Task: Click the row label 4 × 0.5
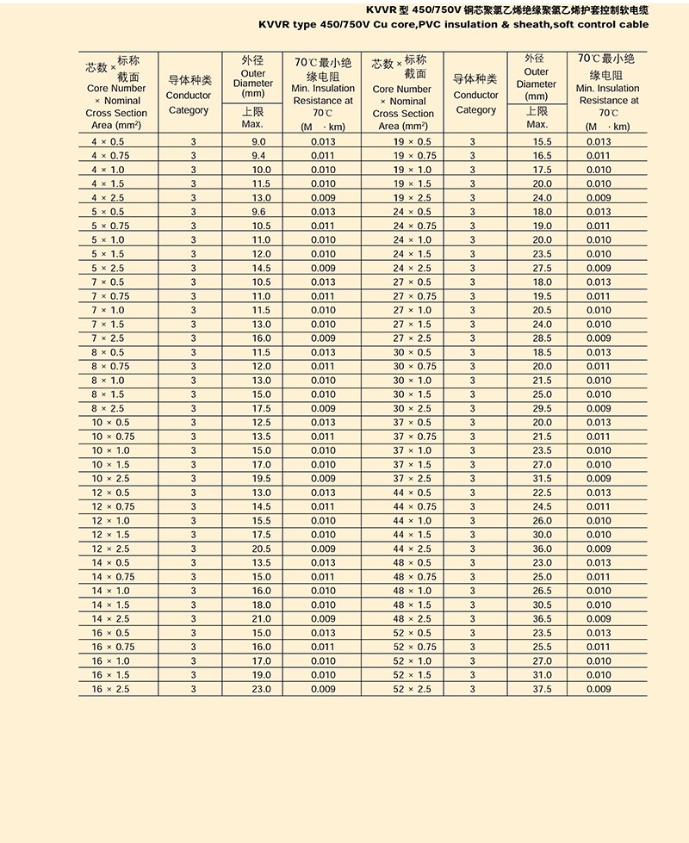(x=108, y=141)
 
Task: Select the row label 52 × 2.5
(x=413, y=689)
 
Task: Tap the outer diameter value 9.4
(x=258, y=156)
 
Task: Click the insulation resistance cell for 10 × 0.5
(x=323, y=423)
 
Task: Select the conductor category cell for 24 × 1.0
(x=473, y=240)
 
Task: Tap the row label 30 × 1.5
(x=413, y=394)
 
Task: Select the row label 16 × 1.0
(x=111, y=661)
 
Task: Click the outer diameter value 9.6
(x=258, y=212)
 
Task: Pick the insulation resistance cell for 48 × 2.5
(x=599, y=619)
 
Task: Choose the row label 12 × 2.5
(x=111, y=549)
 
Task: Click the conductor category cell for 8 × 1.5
(x=193, y=394)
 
